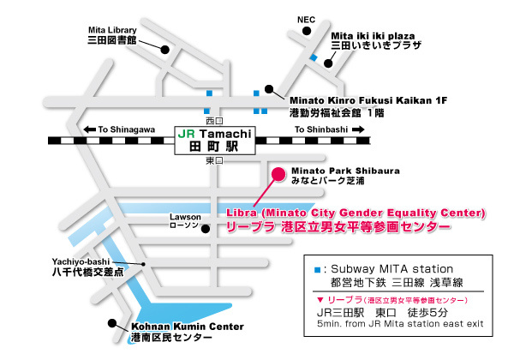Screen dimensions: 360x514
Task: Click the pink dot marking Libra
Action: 277,174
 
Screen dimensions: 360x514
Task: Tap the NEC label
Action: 306,17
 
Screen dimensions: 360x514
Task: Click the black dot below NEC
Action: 306,33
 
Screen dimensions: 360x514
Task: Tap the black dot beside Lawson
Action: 204,228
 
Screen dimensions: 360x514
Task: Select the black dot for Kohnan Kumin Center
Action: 111,323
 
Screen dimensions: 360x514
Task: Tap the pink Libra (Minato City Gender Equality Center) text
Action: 356,219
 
